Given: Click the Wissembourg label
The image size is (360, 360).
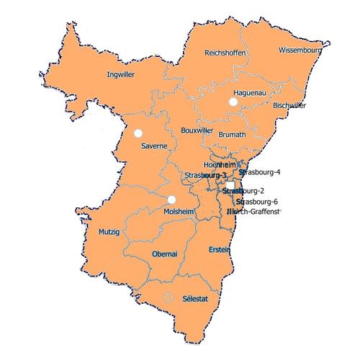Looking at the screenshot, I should pos(299,51).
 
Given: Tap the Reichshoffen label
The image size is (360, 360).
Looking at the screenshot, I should pos(226,53).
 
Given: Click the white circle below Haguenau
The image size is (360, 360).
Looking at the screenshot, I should pos(233,104).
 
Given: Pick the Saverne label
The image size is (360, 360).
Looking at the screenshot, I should pos(154,146).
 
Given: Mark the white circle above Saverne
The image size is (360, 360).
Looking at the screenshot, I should pos(138,132).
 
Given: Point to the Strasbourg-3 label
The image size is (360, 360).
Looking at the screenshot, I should pos(204,176).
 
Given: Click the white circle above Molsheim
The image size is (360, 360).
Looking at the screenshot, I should pos(171,199).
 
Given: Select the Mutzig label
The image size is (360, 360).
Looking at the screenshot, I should pos(108,233).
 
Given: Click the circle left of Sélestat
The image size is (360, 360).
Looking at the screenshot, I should pos(168,297).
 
